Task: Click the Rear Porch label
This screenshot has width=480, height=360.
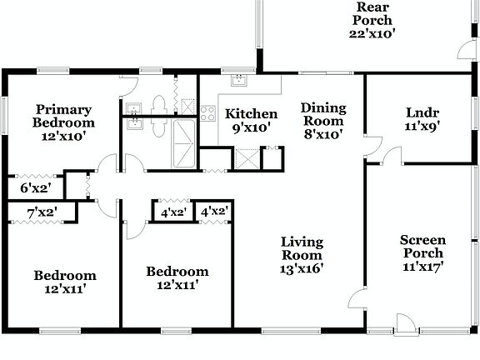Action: pyautogui.click(x=372, y=14)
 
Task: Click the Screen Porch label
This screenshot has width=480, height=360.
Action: pyautogui.click(x=423, y=247)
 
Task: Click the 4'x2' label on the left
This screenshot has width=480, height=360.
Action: pyautogui.click(x=172, y=212)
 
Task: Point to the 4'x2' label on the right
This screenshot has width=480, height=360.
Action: pyautogui.click(x=214, y=212)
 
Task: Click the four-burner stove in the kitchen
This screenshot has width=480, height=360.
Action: pyautogui.click(x=208, y=113)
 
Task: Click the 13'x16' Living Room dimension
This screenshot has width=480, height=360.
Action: pyautogui.click(x=301, y=268)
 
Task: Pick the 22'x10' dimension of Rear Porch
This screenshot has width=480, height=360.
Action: pyautogui.click(x=372, y=34)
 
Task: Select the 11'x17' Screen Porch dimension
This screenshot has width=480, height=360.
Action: pyautogui.click(x=423, y=267)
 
